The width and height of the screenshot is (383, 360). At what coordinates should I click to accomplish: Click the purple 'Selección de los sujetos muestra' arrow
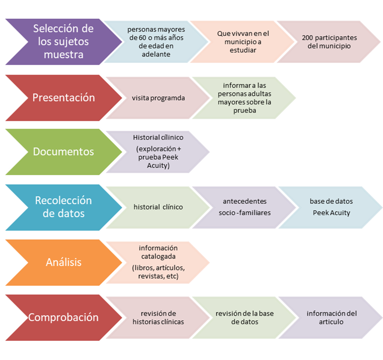tap(62, 42)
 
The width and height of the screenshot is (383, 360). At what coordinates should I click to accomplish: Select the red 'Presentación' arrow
tap(62, 98)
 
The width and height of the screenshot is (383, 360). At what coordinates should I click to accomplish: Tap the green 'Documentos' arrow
tap(62, 152)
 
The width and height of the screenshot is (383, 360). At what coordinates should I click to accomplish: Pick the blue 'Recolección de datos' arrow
tap(62, 207)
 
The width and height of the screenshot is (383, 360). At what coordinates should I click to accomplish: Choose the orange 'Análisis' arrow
tap(62, 262)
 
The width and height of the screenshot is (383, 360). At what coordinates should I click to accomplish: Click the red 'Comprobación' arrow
tap(62, 317)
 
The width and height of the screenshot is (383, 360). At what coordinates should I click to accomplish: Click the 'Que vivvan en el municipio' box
tap(243, 42)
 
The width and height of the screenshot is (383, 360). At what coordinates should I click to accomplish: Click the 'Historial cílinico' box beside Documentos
tap(158, 152)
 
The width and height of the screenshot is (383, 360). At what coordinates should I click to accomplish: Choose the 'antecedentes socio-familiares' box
tap(244, 207)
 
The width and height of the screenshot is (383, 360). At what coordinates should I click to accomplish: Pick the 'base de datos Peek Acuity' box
tap(331, 207)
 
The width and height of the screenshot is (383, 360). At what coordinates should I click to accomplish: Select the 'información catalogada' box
tap(158, 262)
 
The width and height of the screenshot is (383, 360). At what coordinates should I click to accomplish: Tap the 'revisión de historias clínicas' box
tap(158, 317)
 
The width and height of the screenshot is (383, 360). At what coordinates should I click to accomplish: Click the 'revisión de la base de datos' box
tap(244, 317)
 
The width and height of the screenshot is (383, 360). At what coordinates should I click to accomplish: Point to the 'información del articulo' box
tap(331, 317)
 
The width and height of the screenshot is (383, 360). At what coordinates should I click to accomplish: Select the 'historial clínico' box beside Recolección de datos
tap(158, 207)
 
